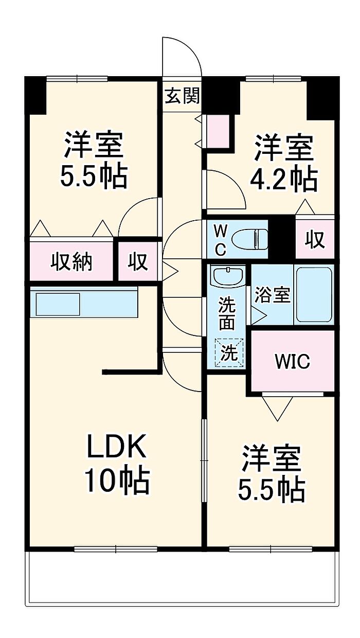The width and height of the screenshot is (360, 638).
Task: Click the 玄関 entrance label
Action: (182, 96)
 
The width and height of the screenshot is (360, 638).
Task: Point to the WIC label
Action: (292, 362)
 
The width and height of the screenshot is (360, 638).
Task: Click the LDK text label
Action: (117, 448)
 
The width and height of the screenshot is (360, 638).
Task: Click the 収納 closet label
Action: (71, 262)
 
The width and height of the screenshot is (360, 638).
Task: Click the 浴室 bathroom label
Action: (273, 295)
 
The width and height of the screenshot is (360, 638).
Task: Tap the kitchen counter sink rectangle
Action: (57, 304)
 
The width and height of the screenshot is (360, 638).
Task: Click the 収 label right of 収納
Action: (138, 262)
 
